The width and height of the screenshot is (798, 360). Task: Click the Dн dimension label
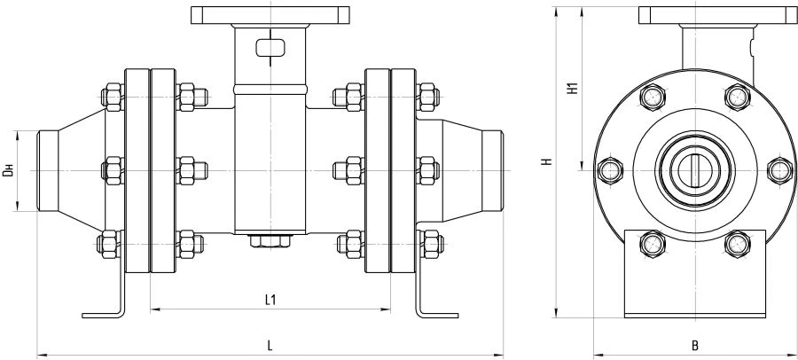click(x=7, y=169)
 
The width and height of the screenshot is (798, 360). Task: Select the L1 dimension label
click(x=271, y=300)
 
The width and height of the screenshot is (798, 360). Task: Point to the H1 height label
click(x=573, y=88)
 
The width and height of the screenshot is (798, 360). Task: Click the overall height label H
click(x=548, y=162)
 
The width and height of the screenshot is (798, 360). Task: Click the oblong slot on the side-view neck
click(x=270, y=48)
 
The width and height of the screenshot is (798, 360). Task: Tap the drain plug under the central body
click(x=270, y=241)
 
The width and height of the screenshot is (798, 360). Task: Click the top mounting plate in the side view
click(x=270, y=15)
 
